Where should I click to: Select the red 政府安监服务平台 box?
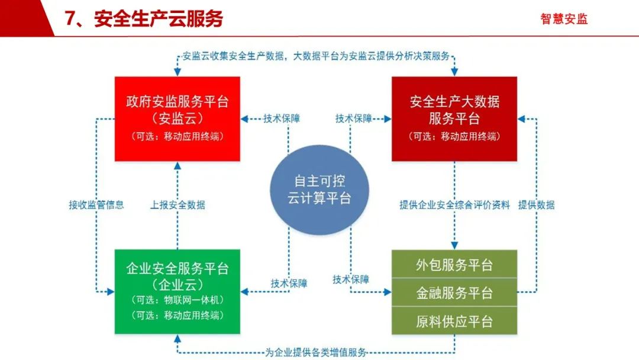pos(177,118)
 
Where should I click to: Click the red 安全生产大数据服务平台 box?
pos(454,118)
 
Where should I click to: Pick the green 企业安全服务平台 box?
pos(177,291)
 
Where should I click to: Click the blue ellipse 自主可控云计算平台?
pos(319,189)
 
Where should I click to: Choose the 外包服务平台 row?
pos(454,265)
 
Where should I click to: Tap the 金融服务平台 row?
pos(454,292)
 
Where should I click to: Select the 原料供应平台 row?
pos(454,321)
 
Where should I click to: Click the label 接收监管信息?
pos(96,205)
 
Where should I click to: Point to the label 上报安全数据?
pos(177,205)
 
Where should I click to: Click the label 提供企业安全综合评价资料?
pos(454,205)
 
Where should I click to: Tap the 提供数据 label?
pos(536,205)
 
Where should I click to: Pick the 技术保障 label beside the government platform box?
pos(282,118)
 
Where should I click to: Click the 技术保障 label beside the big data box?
pos(354,118)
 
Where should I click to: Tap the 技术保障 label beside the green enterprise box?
pos(289,283)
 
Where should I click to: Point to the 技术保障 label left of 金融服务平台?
pos(351,279)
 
